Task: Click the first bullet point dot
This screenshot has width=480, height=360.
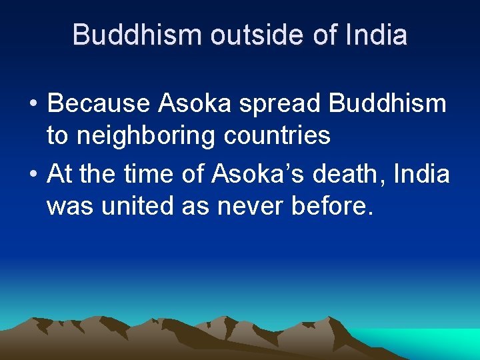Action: click(x=33, y=105)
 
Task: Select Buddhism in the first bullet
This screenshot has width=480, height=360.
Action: click(x=388, y=103)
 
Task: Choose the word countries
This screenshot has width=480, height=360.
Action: click(x=277, y=135)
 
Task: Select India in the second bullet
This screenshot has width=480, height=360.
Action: click(x=423, y=175)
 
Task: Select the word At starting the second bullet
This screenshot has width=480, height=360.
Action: click(x=59, y=175)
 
